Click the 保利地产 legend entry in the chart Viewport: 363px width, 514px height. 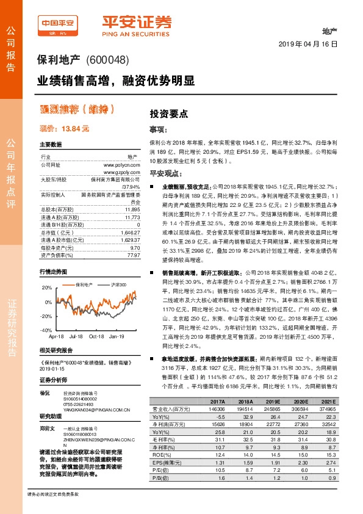(84, 285)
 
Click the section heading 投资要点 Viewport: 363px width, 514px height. (170, 113)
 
